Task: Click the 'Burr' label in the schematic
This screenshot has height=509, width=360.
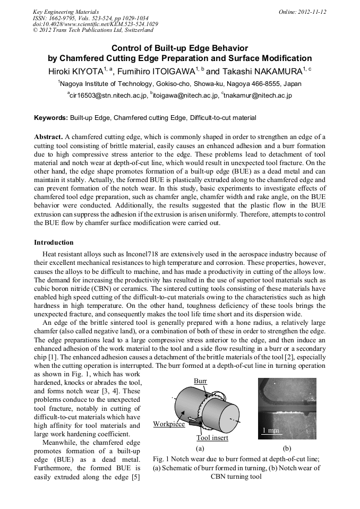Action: pyautogui.click(x=200, y=381)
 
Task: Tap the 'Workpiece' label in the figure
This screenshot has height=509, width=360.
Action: pyautogui.click(x=169, y=424)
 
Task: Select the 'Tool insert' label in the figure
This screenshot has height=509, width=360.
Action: pyautogui.click(x=212, y=438)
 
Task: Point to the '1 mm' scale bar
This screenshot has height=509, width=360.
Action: pyautogui.click(x=271, y=430)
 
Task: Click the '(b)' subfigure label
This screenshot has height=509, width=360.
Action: pyautogui.click(x=287, y=448)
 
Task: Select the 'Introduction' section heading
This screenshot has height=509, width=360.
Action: pyautogui.click(x=54, y=243)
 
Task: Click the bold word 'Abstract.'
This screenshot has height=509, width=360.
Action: pyautogui.click(x=49, y=136)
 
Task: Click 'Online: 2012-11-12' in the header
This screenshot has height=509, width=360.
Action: pyautogui.click(x=303, y=12)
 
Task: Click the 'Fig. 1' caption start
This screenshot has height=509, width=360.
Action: pyautogui.click(x=160, y=459)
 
